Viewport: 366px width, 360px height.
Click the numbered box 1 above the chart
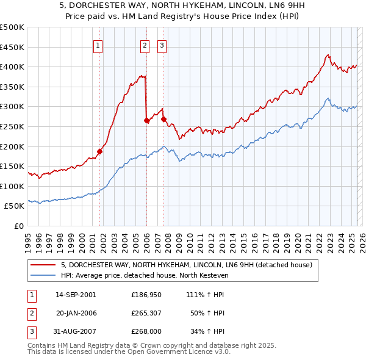coord(98,45)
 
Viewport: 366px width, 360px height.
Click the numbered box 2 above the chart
coord(145,45)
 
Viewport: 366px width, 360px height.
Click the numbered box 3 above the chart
coord(162,45)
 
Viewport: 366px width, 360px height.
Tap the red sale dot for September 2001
coord(99,151)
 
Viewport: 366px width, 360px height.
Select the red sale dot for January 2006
coord(146,120)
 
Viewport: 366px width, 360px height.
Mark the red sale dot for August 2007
coord(163,119)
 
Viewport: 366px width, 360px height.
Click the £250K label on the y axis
coord(12,126)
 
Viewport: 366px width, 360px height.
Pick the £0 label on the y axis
coord(18,226)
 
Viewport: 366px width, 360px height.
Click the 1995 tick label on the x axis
coord(27,238)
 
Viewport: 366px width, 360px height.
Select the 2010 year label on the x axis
coord(190,238)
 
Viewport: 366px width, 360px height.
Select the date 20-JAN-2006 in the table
coord(76,313)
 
